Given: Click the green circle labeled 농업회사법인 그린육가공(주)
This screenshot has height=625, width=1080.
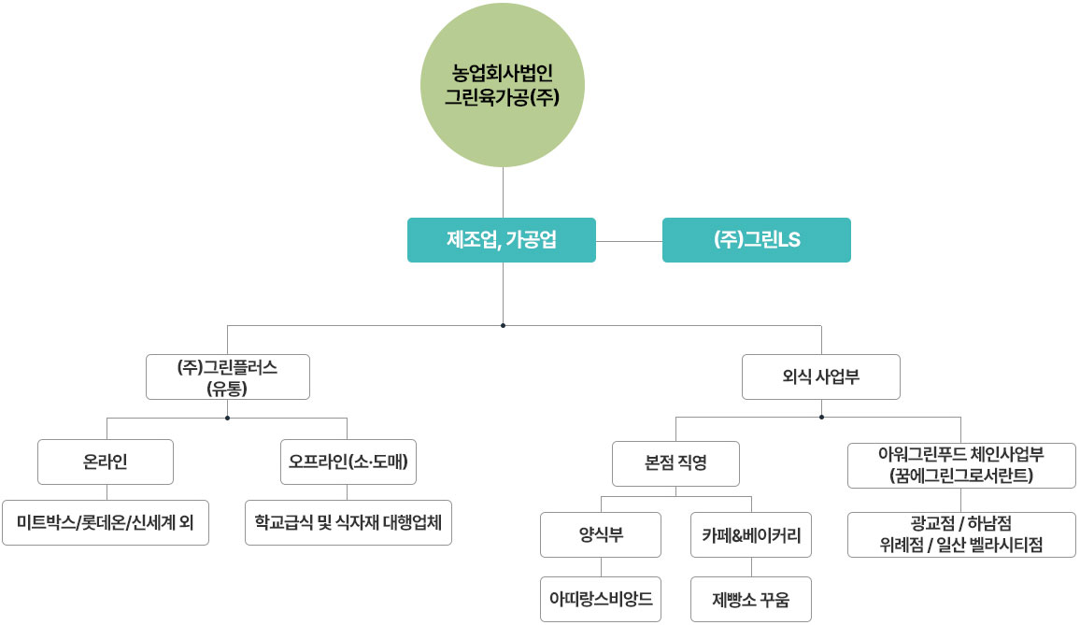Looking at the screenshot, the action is point(502,85).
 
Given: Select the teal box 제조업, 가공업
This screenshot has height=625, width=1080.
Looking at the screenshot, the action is point(502,240).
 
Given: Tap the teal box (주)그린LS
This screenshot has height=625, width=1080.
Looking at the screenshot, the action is point(756,240).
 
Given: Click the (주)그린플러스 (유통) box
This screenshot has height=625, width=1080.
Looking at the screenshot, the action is point(228,376).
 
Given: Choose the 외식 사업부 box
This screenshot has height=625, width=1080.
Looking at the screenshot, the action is point(821,376).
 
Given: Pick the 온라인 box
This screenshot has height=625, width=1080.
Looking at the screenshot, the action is point(106,462).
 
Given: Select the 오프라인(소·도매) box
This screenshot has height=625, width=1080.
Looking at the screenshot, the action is point(348,462).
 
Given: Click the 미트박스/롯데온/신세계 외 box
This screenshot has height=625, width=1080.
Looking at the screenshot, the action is point(106,522).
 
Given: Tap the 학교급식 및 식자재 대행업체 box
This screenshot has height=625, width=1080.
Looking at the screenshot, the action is point(348,522).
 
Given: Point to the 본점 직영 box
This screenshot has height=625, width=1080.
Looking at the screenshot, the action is point(675,463).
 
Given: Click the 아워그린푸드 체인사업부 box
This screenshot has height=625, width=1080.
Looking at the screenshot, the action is point(961,465).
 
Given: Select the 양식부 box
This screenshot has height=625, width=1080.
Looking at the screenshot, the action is point(601,534).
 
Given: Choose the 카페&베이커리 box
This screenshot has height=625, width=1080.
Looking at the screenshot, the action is point(751,534).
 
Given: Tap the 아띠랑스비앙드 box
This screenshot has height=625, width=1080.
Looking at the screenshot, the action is point(601,600).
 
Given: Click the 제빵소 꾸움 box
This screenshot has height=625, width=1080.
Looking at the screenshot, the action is point(751,600).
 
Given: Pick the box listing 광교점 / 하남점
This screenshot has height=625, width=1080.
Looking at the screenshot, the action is point(961,534).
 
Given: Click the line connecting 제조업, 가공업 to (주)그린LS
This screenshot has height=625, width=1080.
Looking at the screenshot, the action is point(629,242).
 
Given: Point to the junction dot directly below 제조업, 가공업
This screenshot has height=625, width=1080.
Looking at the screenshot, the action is point(503,325).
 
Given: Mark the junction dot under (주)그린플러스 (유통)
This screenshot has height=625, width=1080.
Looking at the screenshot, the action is point(227,418).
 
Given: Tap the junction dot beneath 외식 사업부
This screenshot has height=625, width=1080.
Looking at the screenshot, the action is point(821,417).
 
